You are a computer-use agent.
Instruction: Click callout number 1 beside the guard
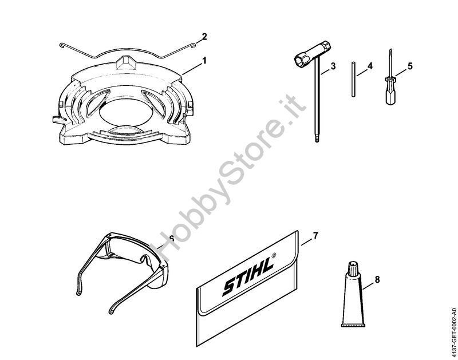coord(204,61)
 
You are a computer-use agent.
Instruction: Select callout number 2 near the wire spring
coord(204,37)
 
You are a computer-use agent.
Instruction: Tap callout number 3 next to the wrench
coord(333,66)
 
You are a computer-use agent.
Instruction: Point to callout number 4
coord(370,66)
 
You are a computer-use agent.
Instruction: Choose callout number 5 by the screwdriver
coord(410,66)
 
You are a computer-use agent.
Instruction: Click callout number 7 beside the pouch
coord(315,236)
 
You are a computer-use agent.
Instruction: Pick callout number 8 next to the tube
coord(377,280)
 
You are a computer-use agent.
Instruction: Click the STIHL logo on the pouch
coord(249,275)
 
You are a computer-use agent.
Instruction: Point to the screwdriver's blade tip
coord(389,50)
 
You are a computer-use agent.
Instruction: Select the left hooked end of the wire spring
coord(62,45)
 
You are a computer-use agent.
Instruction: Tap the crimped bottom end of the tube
coord(353,325)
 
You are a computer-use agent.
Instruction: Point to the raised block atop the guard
coord(126,62)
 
